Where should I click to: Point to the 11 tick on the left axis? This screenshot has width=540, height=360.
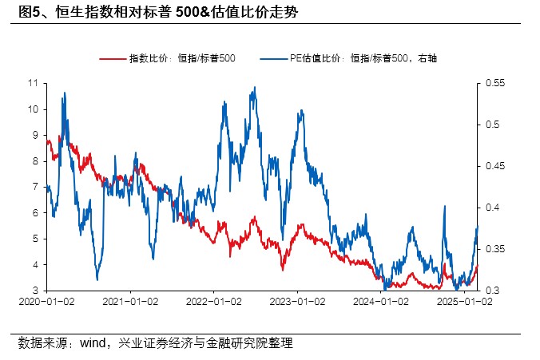pyautogui.click(x=34, y=82)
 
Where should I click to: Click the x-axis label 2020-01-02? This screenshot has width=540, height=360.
pyautogui.click(x=46, y=302)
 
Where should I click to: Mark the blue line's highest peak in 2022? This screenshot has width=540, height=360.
pyautogui.click(x=253, y=88)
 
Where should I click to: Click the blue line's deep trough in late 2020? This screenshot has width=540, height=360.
pyautogui.click(x=97, y=279)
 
